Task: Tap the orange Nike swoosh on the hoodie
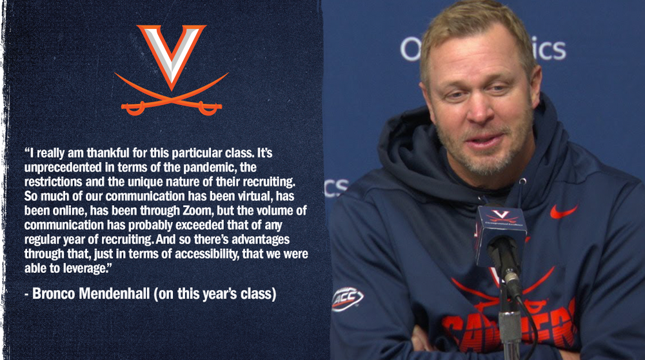[564, 212]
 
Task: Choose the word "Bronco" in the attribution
[54, 294]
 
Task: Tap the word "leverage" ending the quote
[84, 268]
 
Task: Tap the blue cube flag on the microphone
[501, 234]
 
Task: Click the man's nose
[479, 108]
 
